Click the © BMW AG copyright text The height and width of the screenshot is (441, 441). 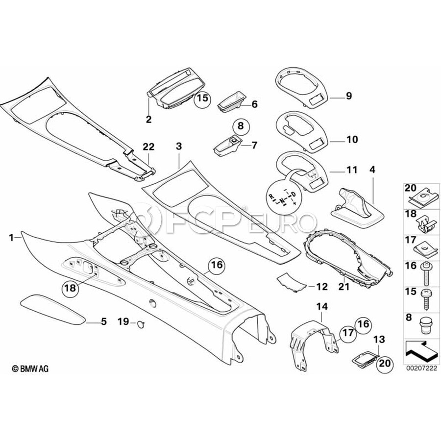[30, 368]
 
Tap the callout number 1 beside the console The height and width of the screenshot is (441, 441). [11, 237]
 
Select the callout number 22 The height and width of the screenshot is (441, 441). [148, 146]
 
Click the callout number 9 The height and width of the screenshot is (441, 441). [348, 96]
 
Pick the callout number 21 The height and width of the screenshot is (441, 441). [344, 287]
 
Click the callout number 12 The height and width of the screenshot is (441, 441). [321, 286]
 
